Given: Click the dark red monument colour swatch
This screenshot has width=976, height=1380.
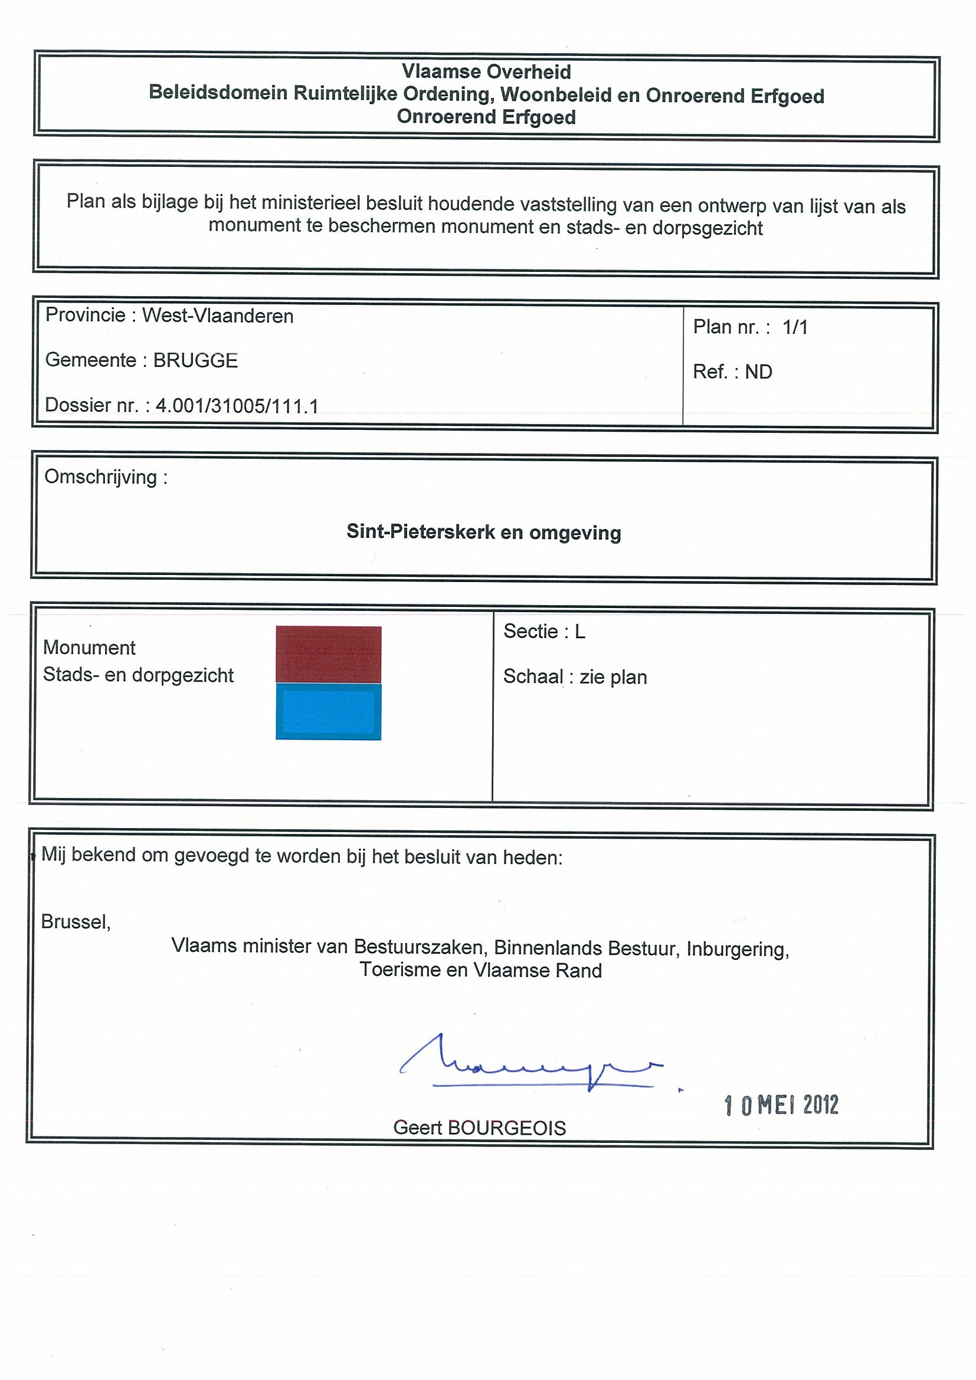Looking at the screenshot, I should [x=328, y=654].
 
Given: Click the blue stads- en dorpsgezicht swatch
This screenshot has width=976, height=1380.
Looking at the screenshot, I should [x=328, y=712].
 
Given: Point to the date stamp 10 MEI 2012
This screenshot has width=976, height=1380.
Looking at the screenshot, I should [x=781, y=1105].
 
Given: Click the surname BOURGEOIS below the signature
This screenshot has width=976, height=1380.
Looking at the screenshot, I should [x=506, y=1128].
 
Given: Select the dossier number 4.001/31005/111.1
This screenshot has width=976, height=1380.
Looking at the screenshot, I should [x=237, y=406].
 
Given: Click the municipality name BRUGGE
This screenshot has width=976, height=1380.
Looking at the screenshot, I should [x=195, y=360].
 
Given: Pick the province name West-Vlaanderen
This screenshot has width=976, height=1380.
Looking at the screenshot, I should [x=218, y=316].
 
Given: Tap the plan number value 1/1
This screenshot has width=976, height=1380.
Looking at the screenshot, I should [x=795, y=327].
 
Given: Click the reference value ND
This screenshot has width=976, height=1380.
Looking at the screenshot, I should [x=758, y=372].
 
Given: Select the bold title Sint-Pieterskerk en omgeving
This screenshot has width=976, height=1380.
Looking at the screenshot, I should [x=483, y=533].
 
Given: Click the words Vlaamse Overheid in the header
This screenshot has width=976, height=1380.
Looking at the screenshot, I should [x=486, y=72].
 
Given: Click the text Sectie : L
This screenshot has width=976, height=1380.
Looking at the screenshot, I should [x=544, y=632].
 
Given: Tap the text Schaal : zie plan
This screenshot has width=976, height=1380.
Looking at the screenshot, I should [x=575, y=678].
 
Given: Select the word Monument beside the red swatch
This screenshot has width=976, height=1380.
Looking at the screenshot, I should [x=89, y=648].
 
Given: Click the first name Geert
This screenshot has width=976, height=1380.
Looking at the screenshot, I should [x=417, y=1128].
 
